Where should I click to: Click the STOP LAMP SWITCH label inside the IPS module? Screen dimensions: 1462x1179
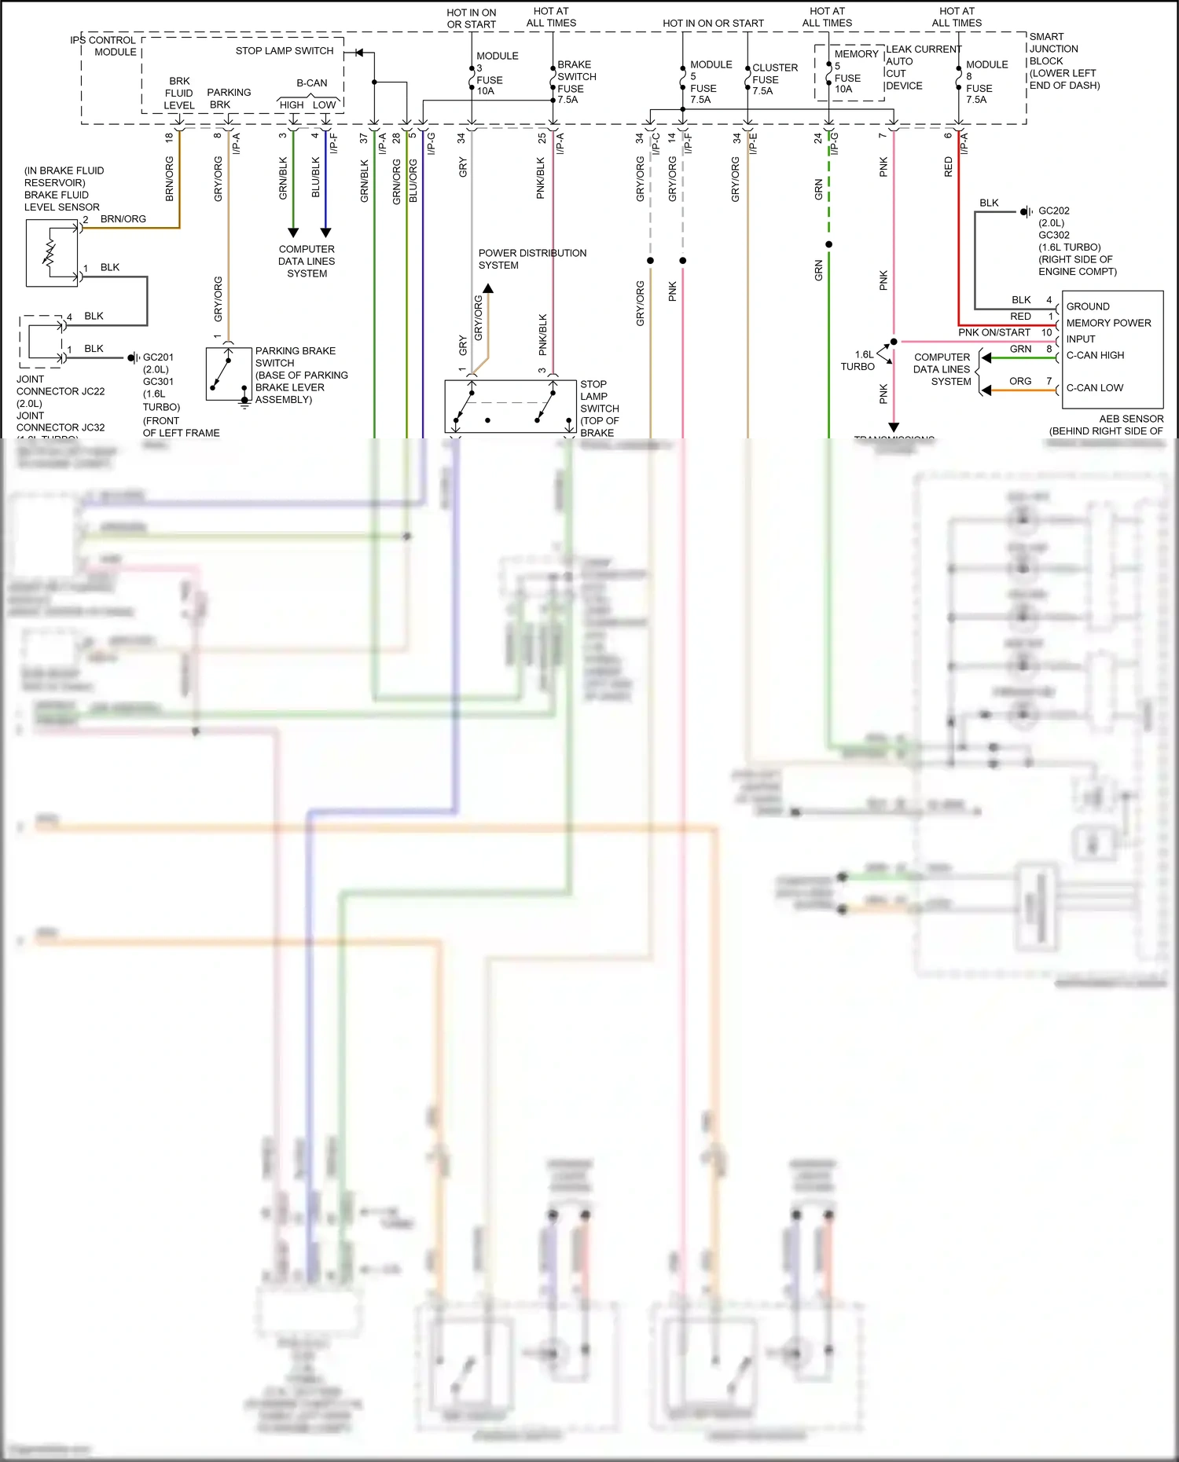(285, 51)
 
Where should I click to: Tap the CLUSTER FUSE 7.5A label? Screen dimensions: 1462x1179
(773, 79)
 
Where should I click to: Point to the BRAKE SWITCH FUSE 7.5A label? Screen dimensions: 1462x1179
(576, 82)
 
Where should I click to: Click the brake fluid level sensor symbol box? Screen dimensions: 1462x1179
(52, 252)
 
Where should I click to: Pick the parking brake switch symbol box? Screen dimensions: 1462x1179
(229, 373)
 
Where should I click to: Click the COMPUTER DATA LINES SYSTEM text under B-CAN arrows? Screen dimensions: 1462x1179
(307, 262)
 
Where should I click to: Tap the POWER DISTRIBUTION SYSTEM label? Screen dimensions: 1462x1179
(532, 259)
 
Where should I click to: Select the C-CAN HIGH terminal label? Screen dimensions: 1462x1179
(1095, 356)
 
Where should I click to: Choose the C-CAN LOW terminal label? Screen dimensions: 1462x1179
(1094, 388)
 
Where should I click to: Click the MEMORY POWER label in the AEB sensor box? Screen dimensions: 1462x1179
(1108, 323)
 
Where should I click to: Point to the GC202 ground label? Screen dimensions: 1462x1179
(1054, 211)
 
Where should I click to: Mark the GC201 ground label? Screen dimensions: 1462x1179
(158, 357)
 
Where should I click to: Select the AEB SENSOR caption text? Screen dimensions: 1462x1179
(1130, 419)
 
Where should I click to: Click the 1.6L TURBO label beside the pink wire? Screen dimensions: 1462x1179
(859, 361)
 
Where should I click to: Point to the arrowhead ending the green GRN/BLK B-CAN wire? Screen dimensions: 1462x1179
(293, 233)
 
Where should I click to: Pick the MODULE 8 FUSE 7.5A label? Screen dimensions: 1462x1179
(986, 82)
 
